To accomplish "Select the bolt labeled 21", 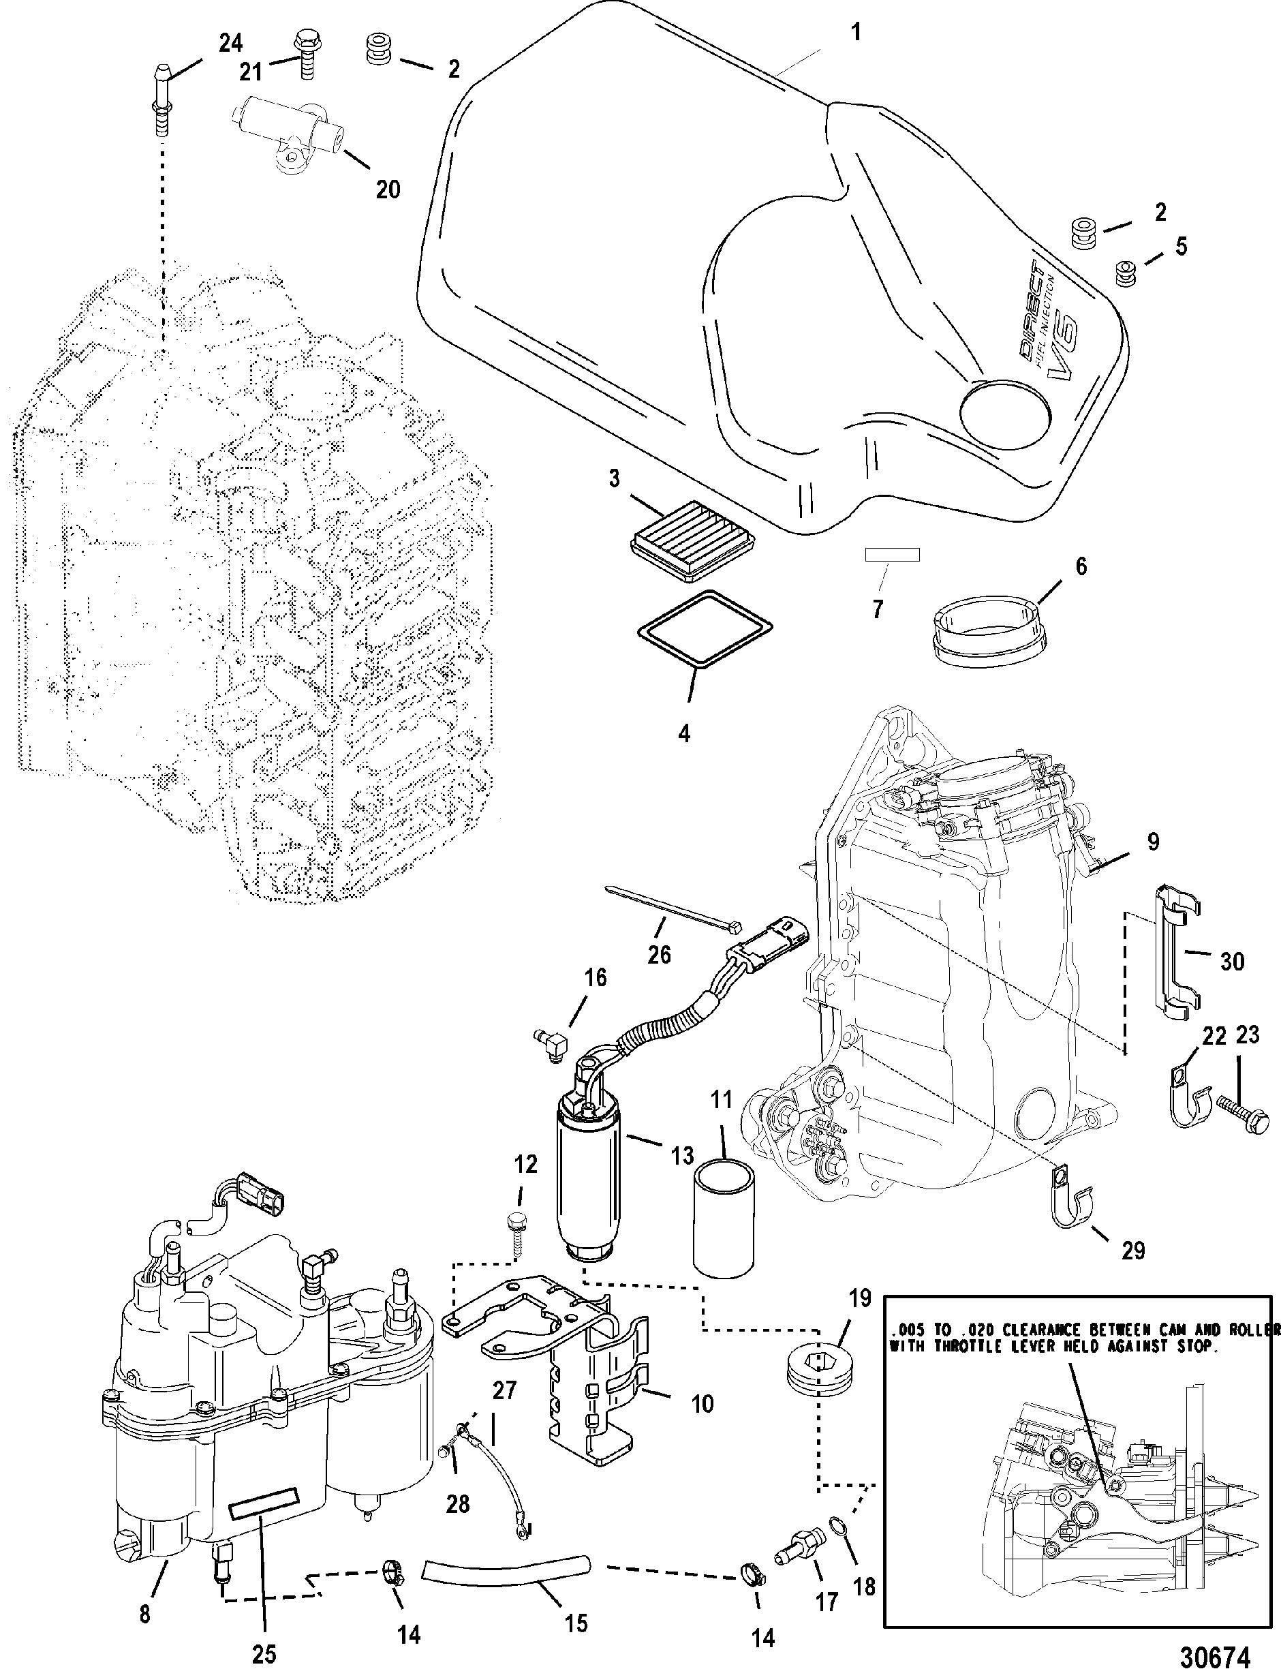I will (x=306, y=55).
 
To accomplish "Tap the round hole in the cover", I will (x=1004, y=415).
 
